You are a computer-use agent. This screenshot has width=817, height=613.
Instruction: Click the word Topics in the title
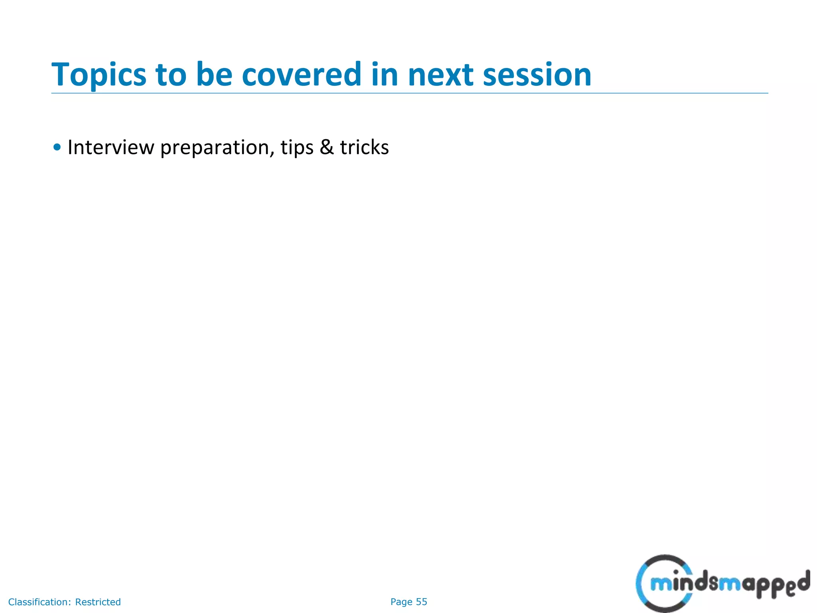tap(99, 75)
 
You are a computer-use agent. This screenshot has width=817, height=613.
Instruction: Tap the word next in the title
tap(440, 75)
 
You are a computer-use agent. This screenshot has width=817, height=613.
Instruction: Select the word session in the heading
tap(537, 75)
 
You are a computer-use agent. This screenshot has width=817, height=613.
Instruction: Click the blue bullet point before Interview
tap(57, 147)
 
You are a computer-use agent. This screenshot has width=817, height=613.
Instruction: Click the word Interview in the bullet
tap(111, 147)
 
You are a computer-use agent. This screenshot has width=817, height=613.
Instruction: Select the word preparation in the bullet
tap(215, 148)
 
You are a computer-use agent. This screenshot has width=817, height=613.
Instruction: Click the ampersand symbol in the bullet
tap(327, 147)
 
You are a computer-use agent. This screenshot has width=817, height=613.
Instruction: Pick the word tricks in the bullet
tap(364, 147)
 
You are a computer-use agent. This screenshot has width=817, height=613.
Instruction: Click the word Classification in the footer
tap(39, 602)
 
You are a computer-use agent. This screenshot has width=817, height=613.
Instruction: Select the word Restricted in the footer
tap(98, 602)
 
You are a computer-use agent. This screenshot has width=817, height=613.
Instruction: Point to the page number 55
tap(421, 602)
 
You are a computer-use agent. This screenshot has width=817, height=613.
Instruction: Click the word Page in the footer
tap(401, 602)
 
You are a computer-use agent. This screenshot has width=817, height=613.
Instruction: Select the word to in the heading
tap(171, 75)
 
